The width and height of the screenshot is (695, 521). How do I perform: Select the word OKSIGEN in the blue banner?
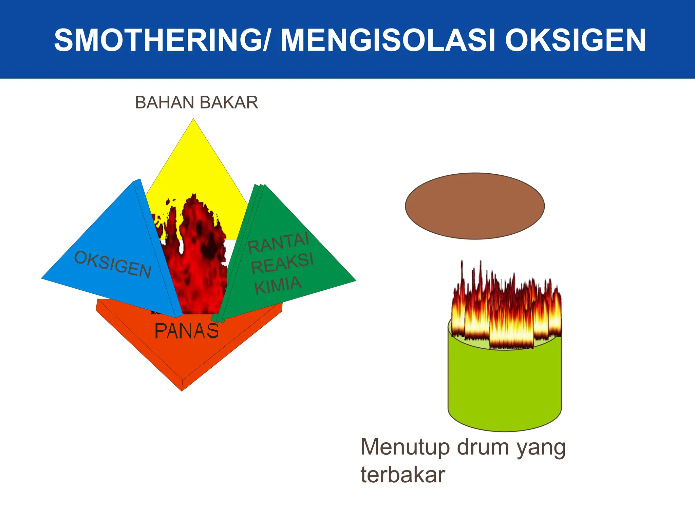(575, 40)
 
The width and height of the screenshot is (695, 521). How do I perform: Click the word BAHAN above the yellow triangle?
(164, 102)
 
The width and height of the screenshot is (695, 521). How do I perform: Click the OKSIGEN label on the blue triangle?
(113, 265)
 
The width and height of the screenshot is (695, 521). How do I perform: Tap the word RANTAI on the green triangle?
(278, 242)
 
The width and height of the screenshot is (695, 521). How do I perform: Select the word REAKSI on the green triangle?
(282, 263)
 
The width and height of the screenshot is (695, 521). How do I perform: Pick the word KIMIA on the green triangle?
(278, 285)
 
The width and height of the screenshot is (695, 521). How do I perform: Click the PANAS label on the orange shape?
(186, 331)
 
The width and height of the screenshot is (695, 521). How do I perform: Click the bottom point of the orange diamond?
(182, 390)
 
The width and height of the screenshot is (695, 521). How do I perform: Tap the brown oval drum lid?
(474, 206)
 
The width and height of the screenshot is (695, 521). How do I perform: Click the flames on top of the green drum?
(506, 309)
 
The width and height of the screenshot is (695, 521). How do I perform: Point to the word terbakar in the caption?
(402, 475)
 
